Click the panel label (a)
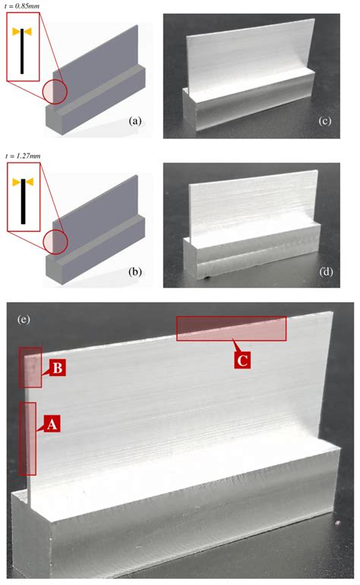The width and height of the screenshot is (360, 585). pyautogui.click(x=134, y=122)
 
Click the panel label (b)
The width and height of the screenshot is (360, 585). pyautogui.click(x=134, y=272)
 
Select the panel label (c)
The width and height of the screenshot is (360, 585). pyautogui.click(x=325, y=122)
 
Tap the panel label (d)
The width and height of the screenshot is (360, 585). pyautogui.click(x=326, y=272)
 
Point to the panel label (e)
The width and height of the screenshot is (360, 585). pyautogui.click(x=24, y=320)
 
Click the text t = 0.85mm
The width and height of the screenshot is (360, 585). pyautogui.click(x=21, y=6)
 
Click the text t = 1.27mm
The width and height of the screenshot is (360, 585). pyautogui.click(x=22, y=156)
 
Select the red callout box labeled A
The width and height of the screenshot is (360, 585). pyautogui.click(x=52, y=424)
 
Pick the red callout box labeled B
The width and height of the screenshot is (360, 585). pyautogui.click(x=58, y=368)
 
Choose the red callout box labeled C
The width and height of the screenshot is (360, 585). pyautogui.click(x=242, y=360)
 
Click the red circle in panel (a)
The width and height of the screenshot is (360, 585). pyautogui.click(x=55, y=91)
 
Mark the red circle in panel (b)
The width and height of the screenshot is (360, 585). pyautogui.click(x=55, y=242)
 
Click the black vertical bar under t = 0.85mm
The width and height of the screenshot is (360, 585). pyautogui.click(x=22, y=51)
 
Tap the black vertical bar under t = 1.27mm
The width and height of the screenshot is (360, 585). pyautogui.click(x=23, y=201)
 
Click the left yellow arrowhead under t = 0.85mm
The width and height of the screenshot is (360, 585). pyautogui.click(x=17, y=32)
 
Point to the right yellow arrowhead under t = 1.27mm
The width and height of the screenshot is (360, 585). pyautogui.click(x=29, y=182)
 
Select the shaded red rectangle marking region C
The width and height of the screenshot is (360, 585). pyautogui.click(x=232, y=329)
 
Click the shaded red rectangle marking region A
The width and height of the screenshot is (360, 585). pyautogui.click(x=27, y=439)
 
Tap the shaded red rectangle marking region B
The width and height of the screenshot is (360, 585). pyautogui.click(x=30, y=368)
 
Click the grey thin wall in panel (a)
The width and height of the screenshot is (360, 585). pyautogui.click(x=95, y=63)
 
